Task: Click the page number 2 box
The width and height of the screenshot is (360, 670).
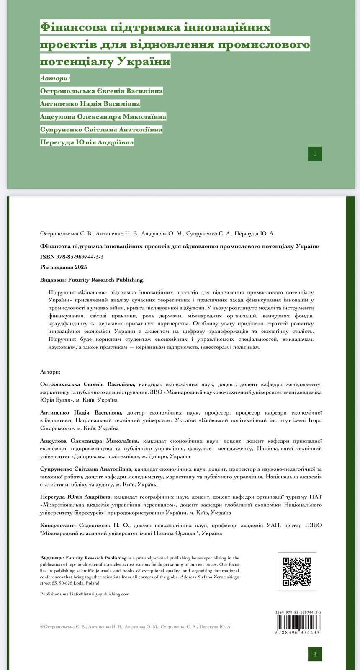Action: pyautogui.click(x=315, y=154)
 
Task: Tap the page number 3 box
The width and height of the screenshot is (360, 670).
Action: pyautogui.click(x=315, y=654)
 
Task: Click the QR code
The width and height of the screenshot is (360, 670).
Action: pyautogui.click(x=297, y=571)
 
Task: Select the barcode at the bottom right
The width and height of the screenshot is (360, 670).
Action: pyautogui.click(x=298, y=624)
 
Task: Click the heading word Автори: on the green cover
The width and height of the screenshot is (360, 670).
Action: pyautogui.click(x=55, y=78)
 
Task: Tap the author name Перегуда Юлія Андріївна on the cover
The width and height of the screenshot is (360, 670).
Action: pyautogui.click(x=87, y=142)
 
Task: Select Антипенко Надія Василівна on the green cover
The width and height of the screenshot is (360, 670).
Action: pyautogui.click(x=90, y=103)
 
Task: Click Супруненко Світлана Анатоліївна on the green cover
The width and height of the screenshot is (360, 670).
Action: pyautogui.click(x=101, y=129)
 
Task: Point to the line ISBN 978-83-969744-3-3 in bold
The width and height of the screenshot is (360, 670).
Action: pyautogui.click(x=72, y=257)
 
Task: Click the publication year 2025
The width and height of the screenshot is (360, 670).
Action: pyautogui.click(x=81, y=267)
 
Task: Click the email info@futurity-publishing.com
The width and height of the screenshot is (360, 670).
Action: pyautogui.click(x=100, y=594)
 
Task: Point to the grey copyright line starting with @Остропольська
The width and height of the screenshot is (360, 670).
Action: pyautogui.click(x=136, y=627)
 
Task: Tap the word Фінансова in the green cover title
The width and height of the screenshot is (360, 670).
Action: pyautogui.click(x=72, y=28)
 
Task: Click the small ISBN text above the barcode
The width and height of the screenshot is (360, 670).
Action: pyautogui.click(x=298, y=612)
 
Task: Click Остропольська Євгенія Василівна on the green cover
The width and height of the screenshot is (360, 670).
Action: pyautogui.click(x=101, y=91)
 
